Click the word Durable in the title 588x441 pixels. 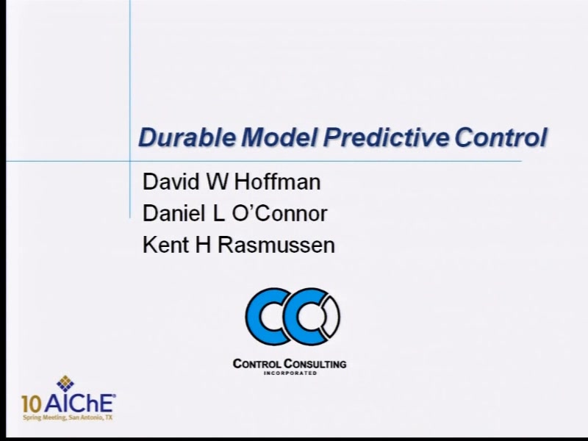[x=187, y=137]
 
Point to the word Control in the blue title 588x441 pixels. [x=501, y=137]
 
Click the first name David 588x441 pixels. [x=171, y=182]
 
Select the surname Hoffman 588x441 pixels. [x=278, y=182]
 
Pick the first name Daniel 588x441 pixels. [x=174, y=213]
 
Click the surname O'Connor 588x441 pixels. [x=280, y=213]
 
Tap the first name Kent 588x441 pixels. [x=166, y=245]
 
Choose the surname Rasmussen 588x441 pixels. [x=276, y=245]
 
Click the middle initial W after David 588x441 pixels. [x=217, y=182]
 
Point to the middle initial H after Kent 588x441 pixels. [x=203, y=245]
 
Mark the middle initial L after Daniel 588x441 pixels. [x=218, y=213]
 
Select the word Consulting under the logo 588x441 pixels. [x=315, y=364]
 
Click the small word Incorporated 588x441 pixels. [x=290, y=373]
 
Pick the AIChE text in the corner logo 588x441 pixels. [x=79, y=404]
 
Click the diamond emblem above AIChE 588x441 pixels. [x=65, y=383]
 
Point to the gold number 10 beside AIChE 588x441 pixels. [x=32, y=404]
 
